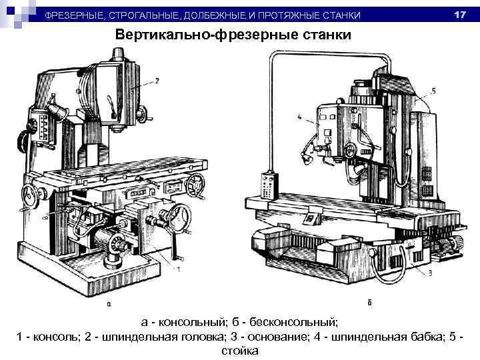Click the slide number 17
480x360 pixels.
tap(459, 15)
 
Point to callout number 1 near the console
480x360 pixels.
tap(179, 269)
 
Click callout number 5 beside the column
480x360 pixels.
tap(433, 91)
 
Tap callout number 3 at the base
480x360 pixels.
tap(430, 272)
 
